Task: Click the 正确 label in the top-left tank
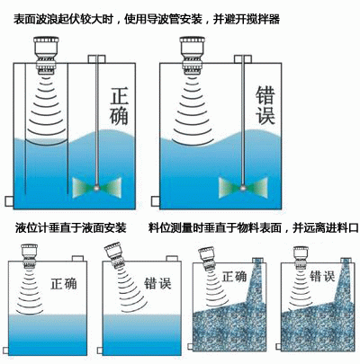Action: pyautogui.click(x=120, y=106)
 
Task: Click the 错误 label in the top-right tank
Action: pyautogui.click(x=265, y=105)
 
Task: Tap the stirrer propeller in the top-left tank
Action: pyautogui.click(x=97, y=188)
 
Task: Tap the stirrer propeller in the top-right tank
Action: pyautogui.click(x=243, y=188)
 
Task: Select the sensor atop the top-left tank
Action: pyautogui.click(x=46, y=55)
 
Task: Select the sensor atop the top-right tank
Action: pyautogui.click(x=193, y=55)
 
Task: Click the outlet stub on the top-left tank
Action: pyautogui.click(x=9, y=201)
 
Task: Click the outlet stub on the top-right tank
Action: pyautogui.click(x=156, y=201)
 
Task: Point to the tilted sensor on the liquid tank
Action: pyautogui.click(x=116, y=255)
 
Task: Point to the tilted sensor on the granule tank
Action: pyautogui.click(x=208, y=259)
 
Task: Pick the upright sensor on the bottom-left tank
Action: pyautogui.click(x=29, y=256)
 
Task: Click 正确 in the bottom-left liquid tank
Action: pyautogui.click(x=64, y=283)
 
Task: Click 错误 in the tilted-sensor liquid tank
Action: pyautogui.click(x=157, y=283)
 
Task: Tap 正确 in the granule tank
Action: pyautogui.click(x=234, y=276)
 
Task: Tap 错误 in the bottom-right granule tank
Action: pyautogui.click(x=322, y=276)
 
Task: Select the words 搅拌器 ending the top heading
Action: pyautogui.click(x=263, y=20)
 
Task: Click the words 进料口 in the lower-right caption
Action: pyautogui.click(x=342, y=228)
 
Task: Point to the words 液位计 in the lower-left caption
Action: pyautogui.click(x=31, y=228)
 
